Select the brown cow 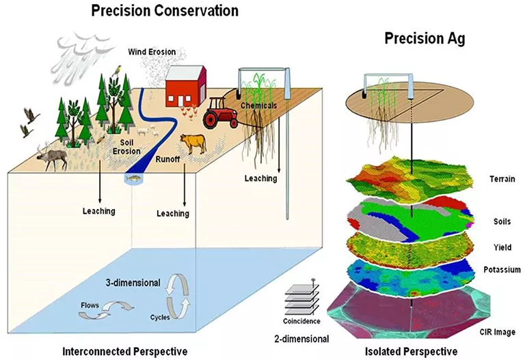pyautogui.click(x=192, y=144)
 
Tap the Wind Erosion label pyautogui.click(x=151, y=51)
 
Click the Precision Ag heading pyautogui.click(x=425, y=39)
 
